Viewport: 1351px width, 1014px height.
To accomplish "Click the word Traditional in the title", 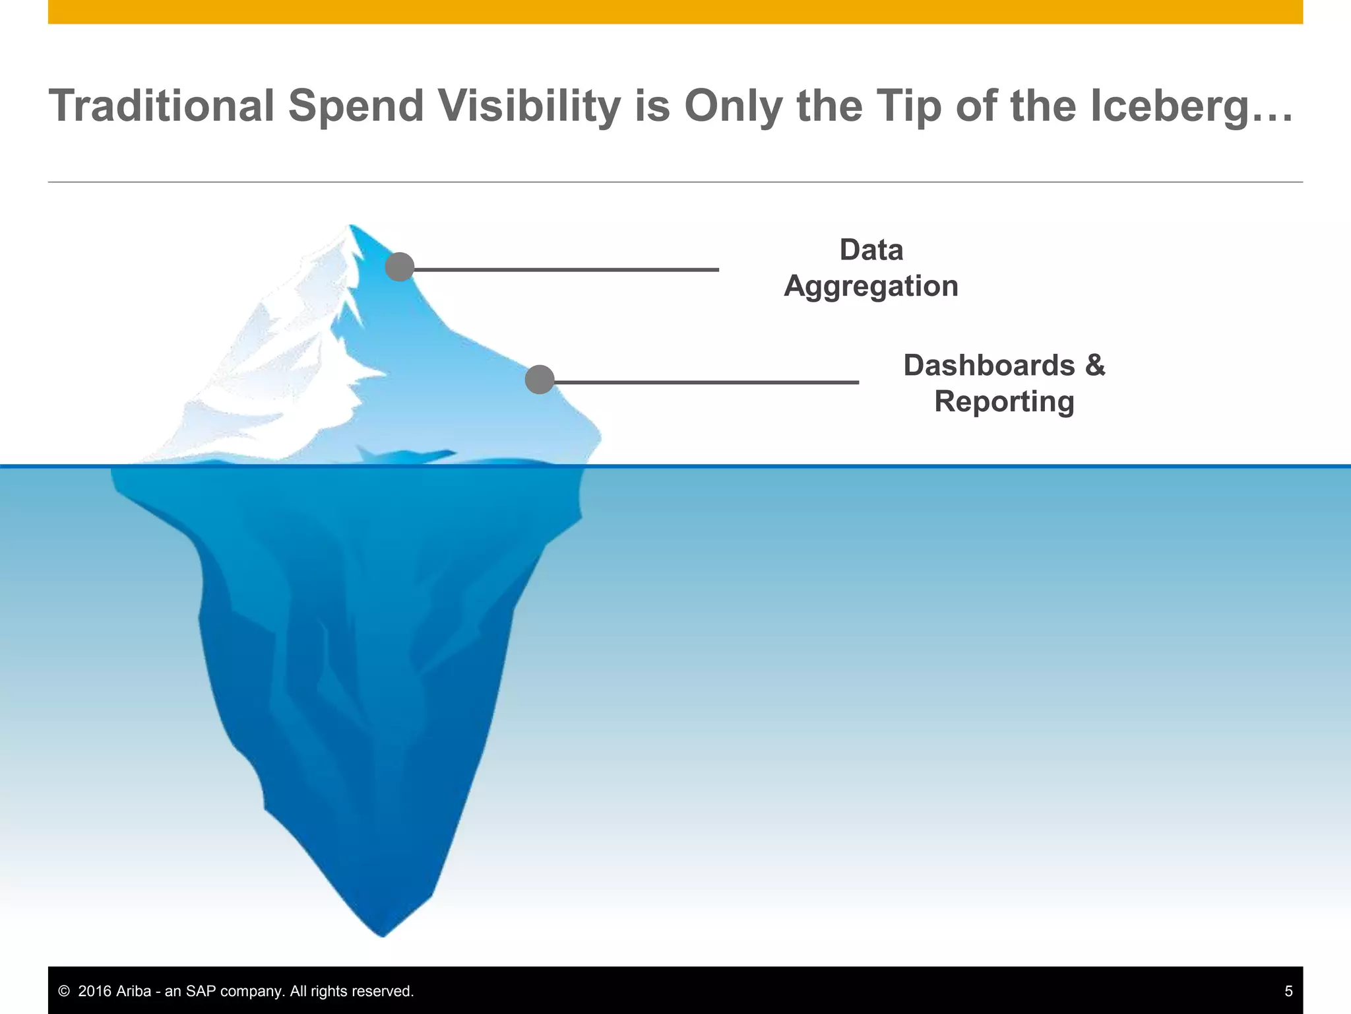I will click(162, 106).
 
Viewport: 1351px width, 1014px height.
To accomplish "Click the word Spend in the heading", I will click(356, 106).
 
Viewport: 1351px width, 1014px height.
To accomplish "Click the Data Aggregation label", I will click(871, 268).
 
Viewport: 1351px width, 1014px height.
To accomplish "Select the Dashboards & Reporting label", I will click(1004, 383).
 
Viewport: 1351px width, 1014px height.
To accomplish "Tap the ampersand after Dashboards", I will click(1095, 365).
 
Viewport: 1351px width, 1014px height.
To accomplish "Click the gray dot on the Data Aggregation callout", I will click(400, 267).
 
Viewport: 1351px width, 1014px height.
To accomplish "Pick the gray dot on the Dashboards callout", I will click(540, 380).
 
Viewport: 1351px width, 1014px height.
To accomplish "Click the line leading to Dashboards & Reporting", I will click(706, 382).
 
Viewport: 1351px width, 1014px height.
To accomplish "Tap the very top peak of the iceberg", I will click(350, 226).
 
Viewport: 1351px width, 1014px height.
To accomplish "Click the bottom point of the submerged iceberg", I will click(383, 934).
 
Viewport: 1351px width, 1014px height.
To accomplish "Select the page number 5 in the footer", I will click(1288, 991).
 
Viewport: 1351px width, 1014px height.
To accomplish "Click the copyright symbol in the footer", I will click(64, 991).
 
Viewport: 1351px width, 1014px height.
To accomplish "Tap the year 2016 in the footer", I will click(95, 991).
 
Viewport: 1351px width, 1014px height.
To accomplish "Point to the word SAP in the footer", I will click(201, 991).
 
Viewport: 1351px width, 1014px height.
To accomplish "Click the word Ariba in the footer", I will click(133, 991).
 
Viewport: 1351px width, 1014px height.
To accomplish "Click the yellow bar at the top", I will click(675, 11).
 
